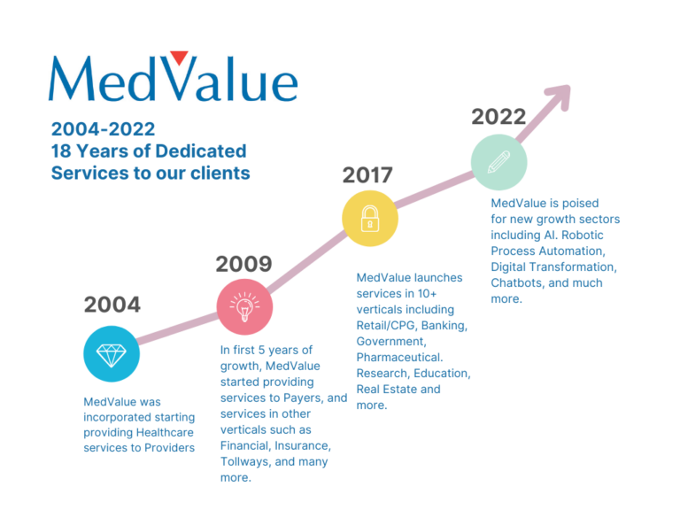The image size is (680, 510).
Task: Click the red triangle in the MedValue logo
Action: (179, 58)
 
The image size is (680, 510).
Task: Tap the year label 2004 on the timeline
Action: (112, 304)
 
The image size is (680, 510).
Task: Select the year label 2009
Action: (243, 264)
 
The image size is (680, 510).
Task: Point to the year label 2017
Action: (367, 174)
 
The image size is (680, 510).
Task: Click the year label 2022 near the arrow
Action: (498, 117)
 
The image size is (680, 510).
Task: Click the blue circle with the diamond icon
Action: (112, 354)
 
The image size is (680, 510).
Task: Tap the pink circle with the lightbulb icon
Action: (244, 307)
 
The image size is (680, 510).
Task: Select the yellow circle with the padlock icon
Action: (370, 218)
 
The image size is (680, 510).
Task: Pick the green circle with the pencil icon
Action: (499, 162)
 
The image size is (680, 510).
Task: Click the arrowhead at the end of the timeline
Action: (560, 96)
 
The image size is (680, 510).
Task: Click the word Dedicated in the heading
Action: (201, 151)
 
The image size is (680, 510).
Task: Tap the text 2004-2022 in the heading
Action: (104, 128)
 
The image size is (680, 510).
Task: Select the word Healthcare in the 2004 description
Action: (166, 432)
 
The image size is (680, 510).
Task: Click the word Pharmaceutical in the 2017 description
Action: (399, 358)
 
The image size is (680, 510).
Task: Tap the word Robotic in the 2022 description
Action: (583, 235)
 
